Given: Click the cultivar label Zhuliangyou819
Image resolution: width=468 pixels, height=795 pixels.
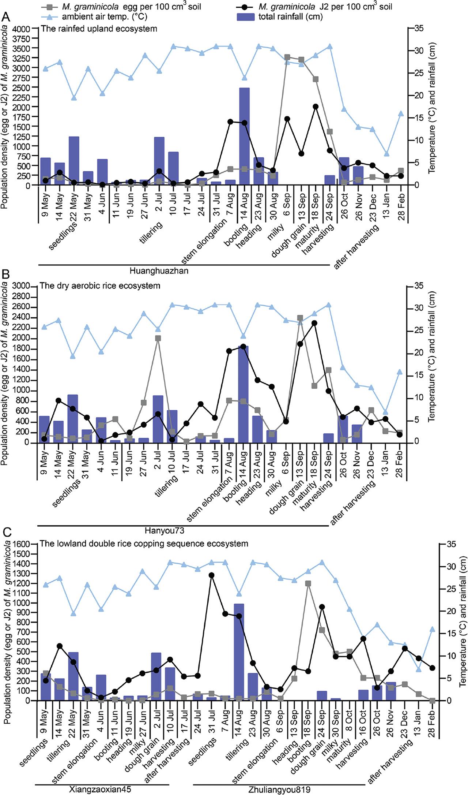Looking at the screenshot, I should tap(279, 787).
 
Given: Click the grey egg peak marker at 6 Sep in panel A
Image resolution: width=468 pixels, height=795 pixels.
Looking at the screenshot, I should tap(287, 57).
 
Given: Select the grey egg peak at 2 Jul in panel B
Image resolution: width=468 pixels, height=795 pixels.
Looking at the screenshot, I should tap(158, 338).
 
